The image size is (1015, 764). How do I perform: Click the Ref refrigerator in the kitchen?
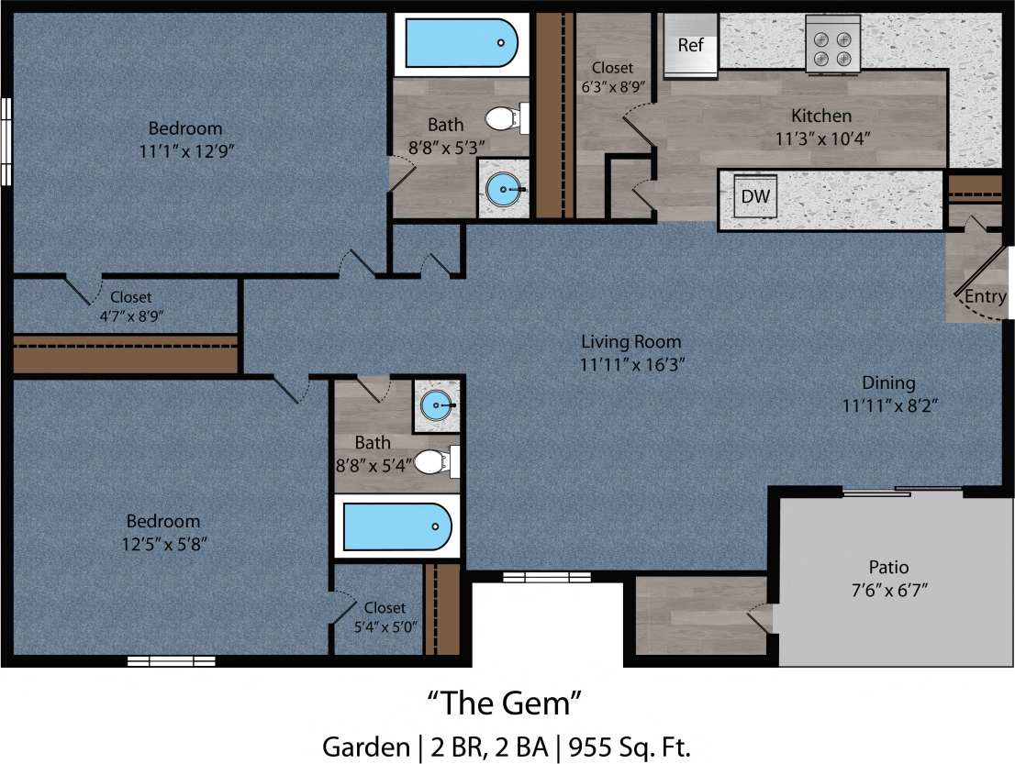click(690, 46)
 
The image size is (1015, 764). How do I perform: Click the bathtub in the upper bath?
click(463, 43)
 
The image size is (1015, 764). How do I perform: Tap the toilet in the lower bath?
click(434, 461)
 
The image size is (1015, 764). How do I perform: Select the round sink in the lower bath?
click(437, 403)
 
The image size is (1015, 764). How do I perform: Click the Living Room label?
click(632, 342)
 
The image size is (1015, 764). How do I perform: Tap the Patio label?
click(888, 567)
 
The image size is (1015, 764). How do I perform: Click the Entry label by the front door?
click(985, 297)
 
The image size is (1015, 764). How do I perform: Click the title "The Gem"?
click(506, 704)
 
